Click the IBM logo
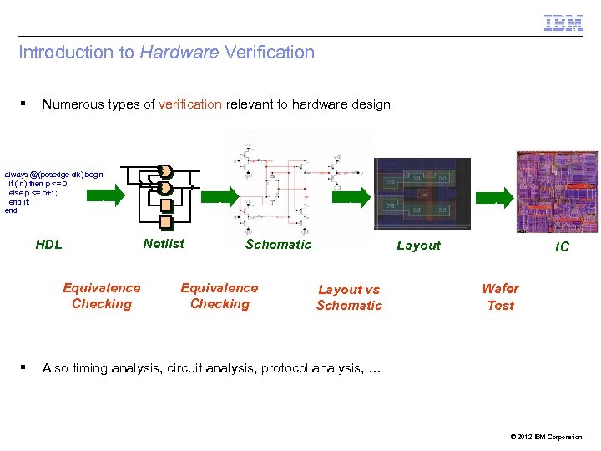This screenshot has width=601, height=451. (563, 23)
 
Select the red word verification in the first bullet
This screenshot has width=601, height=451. (190, 104)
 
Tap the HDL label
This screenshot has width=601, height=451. (48, 245)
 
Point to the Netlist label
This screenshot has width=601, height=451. (164, 244)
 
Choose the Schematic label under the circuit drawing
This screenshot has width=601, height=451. (278, 244)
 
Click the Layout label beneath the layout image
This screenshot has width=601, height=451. (418, 245)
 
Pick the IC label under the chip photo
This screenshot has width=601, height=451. (563, 246)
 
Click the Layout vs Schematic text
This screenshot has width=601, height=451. (349, 297)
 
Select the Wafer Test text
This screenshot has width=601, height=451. (500, 296)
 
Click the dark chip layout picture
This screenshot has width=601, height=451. (417, 194)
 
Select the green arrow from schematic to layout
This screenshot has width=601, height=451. (351, 197)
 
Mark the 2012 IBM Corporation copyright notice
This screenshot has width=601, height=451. (543, 437)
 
